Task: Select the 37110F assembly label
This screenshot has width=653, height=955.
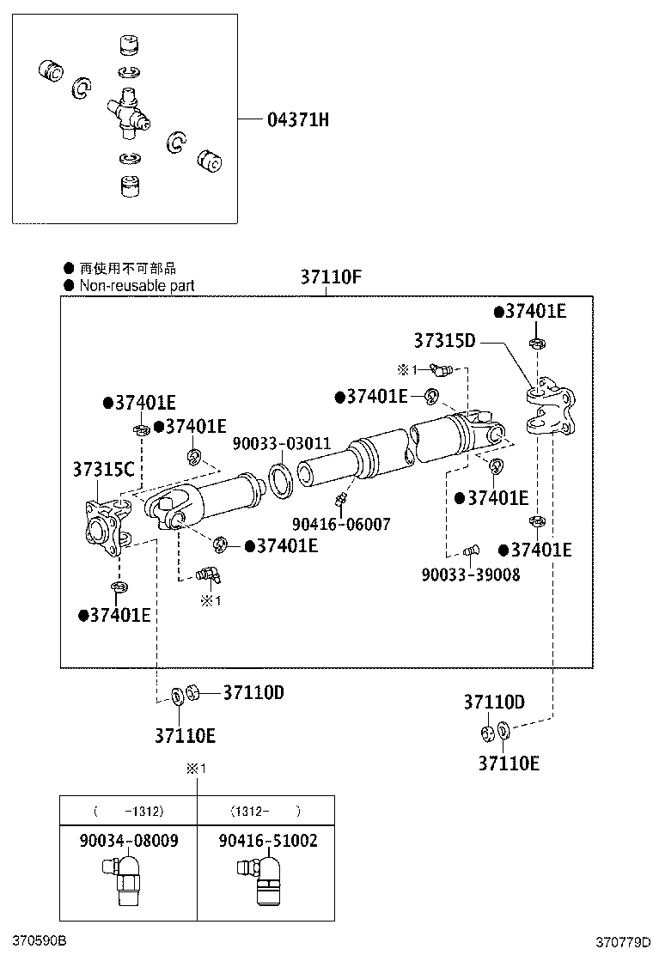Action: (331, 277)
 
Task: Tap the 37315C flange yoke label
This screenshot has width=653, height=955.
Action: (103, 470)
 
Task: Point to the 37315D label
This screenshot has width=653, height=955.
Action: (444, 341)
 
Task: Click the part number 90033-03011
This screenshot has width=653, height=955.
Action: (282, 444)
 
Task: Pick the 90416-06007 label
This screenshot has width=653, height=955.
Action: (340, 523)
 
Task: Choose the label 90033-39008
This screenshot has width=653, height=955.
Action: (470, 575)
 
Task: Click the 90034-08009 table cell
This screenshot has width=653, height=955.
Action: (128, 841)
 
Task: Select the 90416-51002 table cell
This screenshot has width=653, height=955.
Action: (266, 841)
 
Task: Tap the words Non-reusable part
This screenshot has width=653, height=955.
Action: (137, 286)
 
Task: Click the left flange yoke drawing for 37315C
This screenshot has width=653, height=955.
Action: (107, 526)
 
